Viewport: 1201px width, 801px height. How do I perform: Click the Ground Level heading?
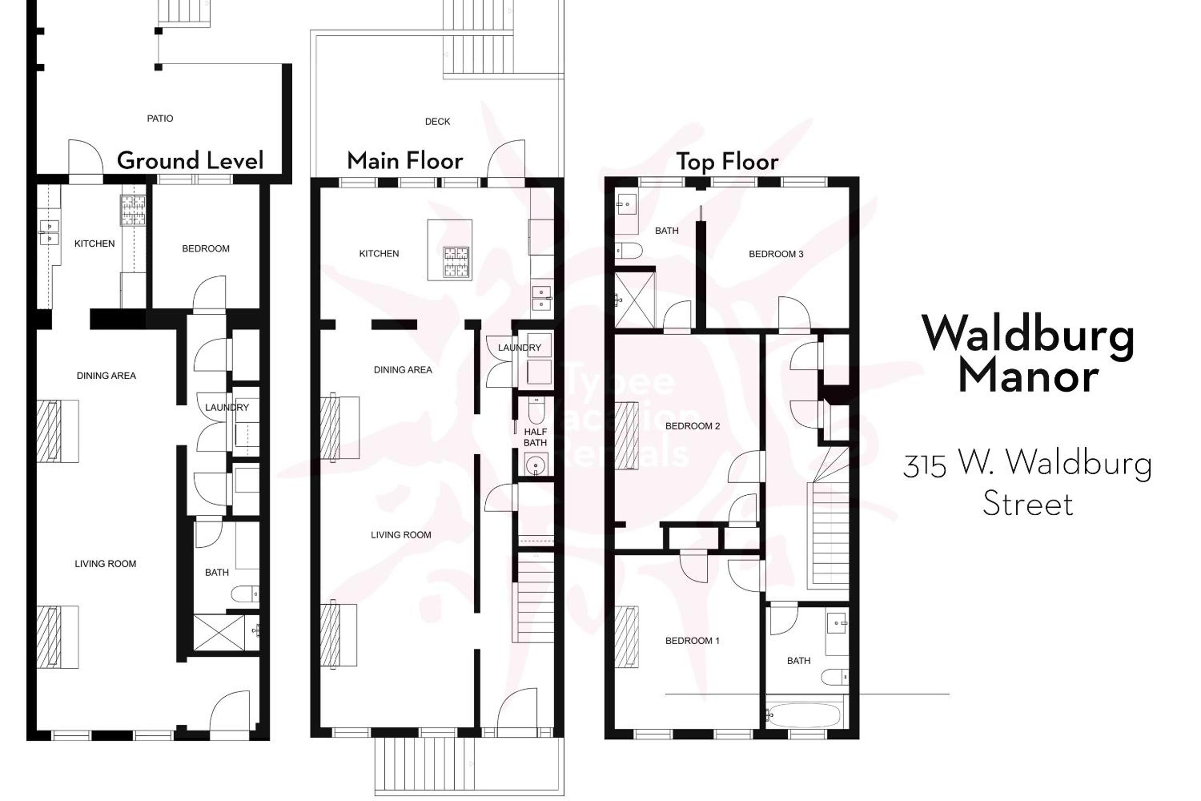[x=190, y=161]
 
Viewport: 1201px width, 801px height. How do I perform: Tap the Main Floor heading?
[x=405, y=161]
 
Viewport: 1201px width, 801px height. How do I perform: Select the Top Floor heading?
[x=727, y=162]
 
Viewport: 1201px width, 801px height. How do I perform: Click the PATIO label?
[x=160, y=118]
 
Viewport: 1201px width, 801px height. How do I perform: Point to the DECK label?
[x=437, y=121]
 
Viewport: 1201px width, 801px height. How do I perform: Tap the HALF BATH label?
[x=535, y=437]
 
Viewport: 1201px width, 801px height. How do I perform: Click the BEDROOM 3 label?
[x=776, y=254]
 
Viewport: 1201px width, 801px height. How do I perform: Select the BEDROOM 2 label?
[x=692, y=426]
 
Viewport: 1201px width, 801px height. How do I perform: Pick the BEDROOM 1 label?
[x=692, y=641]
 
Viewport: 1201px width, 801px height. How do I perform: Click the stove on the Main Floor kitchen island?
[x=456, y=262]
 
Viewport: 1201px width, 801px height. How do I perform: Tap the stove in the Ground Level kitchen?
[x=133, y=211]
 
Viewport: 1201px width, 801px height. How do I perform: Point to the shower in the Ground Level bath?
[x=219, y=632]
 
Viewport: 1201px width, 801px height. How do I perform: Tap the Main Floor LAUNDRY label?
[x=519, y=348]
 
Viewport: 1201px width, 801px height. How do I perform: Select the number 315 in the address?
[x=924, y=466]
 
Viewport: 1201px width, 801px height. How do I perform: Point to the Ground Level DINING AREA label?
[x=106, y=376]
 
